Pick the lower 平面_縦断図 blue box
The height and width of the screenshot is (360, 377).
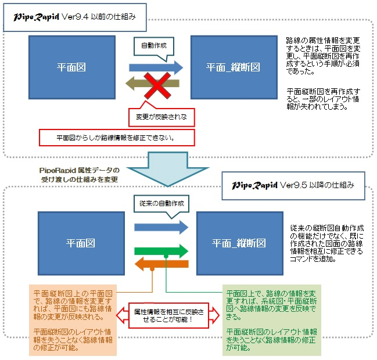239,242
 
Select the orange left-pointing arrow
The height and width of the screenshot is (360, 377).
161,265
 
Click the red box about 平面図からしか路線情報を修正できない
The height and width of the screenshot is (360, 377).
116,138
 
